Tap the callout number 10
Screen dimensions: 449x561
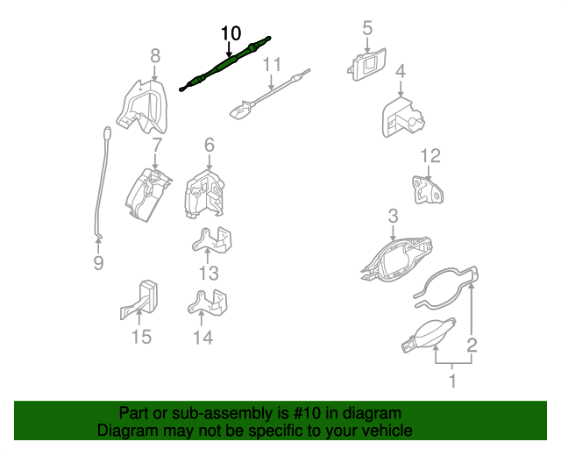(231, 33)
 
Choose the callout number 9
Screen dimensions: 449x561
(98, 263)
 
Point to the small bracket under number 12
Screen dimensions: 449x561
(428, 189)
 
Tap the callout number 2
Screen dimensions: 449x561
(472, 345)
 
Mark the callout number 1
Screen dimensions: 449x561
(452, 381)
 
